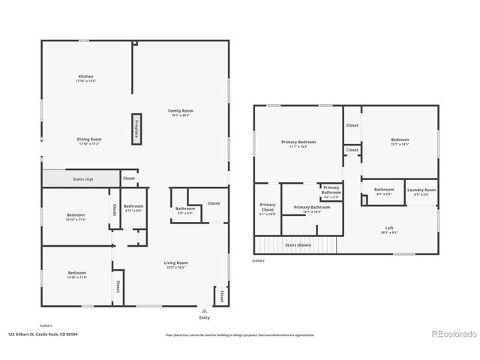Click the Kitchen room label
click(86, 78)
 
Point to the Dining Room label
click(89, 140)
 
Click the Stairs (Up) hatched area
click(79, 178)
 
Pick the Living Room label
click(177, 264)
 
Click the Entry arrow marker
click(205, 309)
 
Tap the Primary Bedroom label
click(298, 143)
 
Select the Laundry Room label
click(421, 191)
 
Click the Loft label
click(389, 229)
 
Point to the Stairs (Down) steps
click(298, 245)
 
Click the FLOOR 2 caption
click(259, 260)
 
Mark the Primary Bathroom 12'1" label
click(312, 208)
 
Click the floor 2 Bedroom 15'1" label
click(399, 141)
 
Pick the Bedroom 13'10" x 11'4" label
click(76, 217)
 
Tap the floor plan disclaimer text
click(240, 335)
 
